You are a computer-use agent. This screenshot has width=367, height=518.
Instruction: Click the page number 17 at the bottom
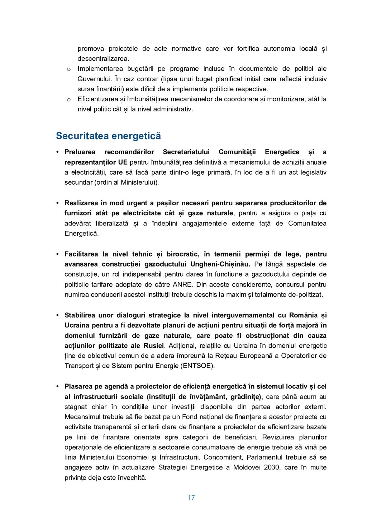coord(191,498)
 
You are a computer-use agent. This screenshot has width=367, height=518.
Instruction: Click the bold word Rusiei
coord(153,346)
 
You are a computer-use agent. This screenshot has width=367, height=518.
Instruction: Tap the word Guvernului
coord(94,79)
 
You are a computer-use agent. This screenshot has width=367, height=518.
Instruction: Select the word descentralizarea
coord(103,59)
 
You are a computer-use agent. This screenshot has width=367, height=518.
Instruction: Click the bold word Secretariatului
coord(186,152)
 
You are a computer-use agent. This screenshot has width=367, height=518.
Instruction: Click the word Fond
coord(190,417)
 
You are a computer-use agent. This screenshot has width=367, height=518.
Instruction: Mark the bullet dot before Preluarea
coord(57,152)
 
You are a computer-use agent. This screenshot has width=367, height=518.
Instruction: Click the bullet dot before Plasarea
coord(57,386)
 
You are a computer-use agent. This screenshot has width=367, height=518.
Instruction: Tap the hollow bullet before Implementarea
coord(68,69)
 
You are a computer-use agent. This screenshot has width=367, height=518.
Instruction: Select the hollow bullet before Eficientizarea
coord(68,99)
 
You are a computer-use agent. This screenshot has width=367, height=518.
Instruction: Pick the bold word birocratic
coord(183,254)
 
